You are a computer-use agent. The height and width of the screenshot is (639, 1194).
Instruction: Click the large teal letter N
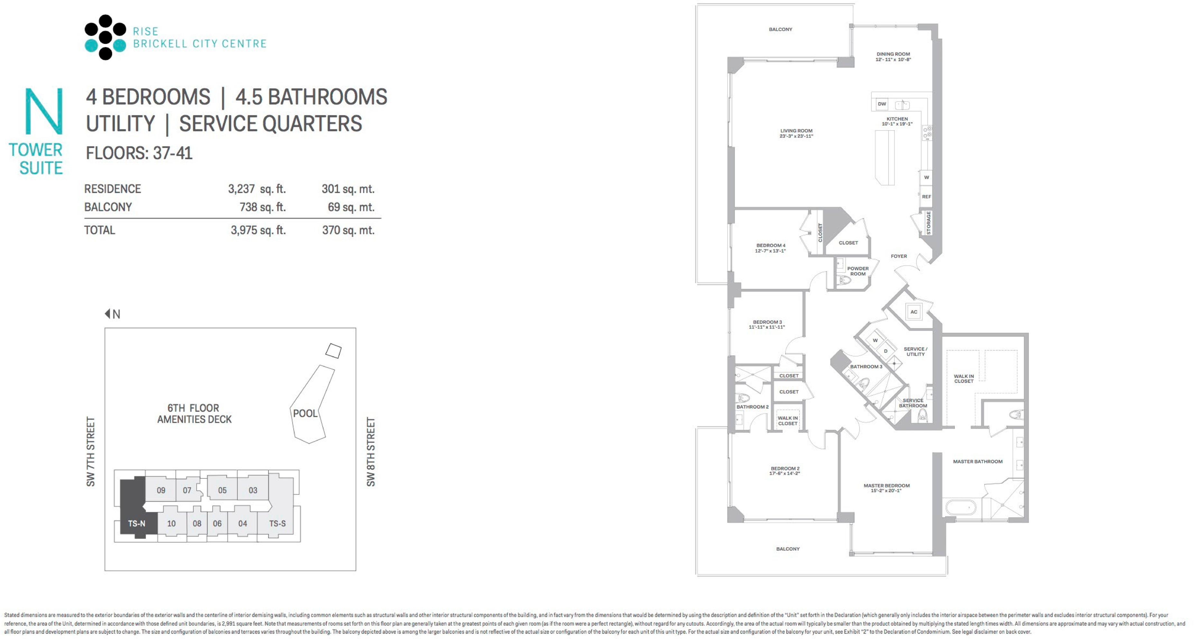point(43,111)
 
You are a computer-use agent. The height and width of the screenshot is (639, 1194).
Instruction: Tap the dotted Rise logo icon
point(105,37)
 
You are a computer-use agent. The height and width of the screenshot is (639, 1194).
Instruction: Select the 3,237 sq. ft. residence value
point(257,189)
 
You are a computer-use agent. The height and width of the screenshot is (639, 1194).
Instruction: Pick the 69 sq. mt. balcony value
point(351,207)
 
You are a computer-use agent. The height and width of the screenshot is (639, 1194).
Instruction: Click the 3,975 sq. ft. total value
point(258,230)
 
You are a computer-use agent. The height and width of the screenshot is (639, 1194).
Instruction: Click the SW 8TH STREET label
point(371,452)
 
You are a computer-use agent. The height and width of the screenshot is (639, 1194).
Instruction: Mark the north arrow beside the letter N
point(107,314)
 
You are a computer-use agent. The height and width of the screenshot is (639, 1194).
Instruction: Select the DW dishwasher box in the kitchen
point(882,104)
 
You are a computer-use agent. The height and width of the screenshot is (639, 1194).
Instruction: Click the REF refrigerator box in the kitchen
point(926,197)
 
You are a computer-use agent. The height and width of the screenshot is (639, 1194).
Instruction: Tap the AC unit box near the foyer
point(914,312)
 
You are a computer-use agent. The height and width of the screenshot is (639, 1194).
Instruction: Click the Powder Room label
point(858,271)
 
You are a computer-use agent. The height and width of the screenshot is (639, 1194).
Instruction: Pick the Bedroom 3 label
point(767,324)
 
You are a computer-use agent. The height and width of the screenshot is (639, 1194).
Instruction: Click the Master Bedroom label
point(887,488)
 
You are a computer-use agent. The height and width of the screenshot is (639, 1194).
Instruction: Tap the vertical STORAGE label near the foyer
point(928,223)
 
